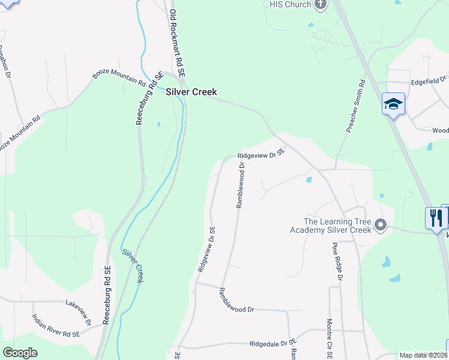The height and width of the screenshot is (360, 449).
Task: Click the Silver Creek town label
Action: pos(191,92)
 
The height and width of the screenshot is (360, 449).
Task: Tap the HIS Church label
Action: pos(290,5)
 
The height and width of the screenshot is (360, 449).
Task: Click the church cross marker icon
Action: pos(320,4)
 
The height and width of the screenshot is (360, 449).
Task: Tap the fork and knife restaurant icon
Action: pos(436,217)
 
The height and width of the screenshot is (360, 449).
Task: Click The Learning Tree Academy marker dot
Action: pos(380,226)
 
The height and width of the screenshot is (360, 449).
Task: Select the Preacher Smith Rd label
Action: pos(356,107)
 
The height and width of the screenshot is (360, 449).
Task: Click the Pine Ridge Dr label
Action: pos(337,262)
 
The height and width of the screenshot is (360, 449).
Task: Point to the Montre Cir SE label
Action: pos(330,339)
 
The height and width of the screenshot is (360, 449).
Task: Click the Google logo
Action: pos(20,352)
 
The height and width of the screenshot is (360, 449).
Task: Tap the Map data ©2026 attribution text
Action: pos(423,355)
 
